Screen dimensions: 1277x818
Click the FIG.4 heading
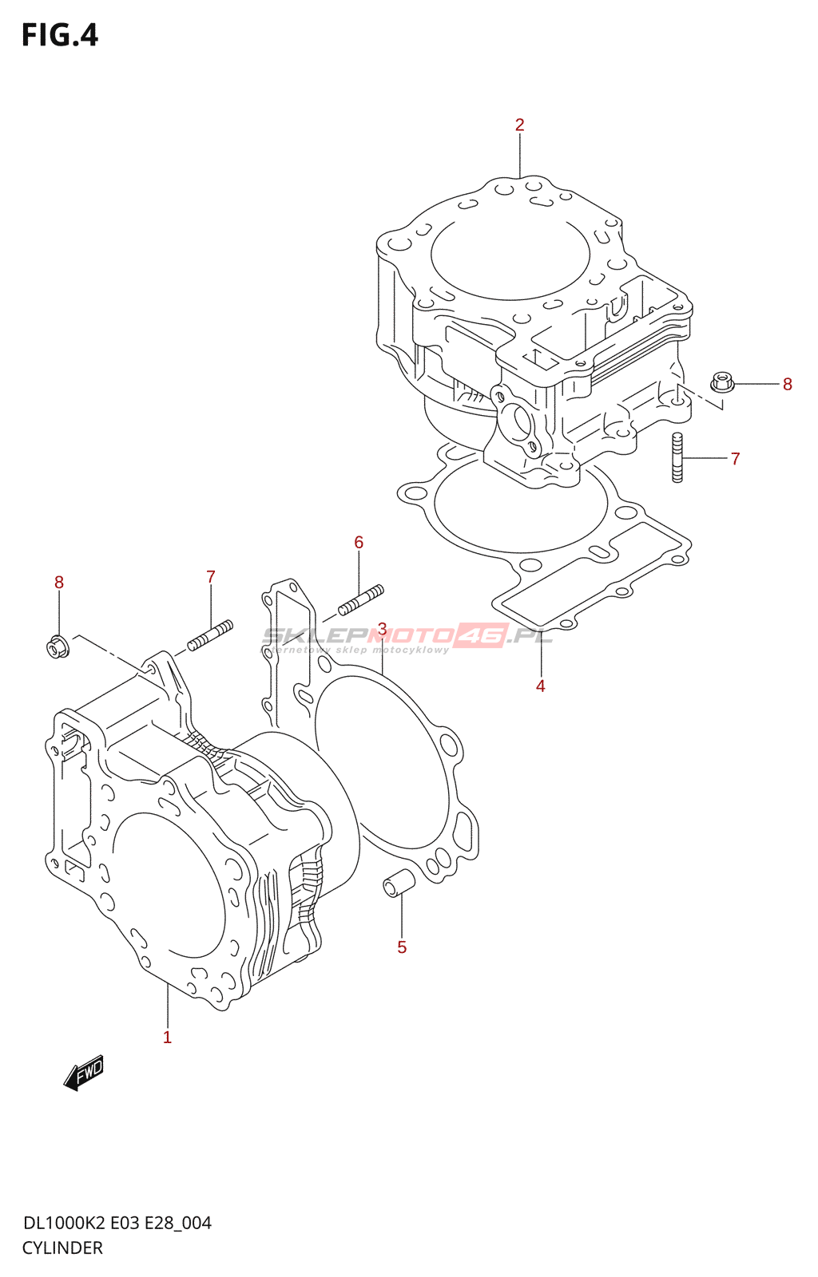(60, 35)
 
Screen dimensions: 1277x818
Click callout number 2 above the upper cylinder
(519, 125)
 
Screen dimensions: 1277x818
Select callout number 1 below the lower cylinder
(167, 1038)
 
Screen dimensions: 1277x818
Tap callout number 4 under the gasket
(541, 686)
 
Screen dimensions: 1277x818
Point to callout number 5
(402, 947)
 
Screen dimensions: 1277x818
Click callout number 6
(359, 543)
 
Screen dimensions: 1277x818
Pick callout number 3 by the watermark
(383, 630)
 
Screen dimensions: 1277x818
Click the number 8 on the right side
(788, 385)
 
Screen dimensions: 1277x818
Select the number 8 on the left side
(59, 583)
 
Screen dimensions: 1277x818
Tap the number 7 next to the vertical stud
(736, 459)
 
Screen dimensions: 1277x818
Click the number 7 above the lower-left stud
(211, 577)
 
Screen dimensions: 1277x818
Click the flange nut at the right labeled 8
(722, 382)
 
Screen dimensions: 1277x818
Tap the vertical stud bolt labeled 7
(677, 457)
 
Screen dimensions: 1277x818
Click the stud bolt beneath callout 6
(361, 600)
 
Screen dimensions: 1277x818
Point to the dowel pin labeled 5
(398, 883)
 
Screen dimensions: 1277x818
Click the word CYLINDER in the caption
(62, 1248)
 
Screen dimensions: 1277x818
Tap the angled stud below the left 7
(210, 635)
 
